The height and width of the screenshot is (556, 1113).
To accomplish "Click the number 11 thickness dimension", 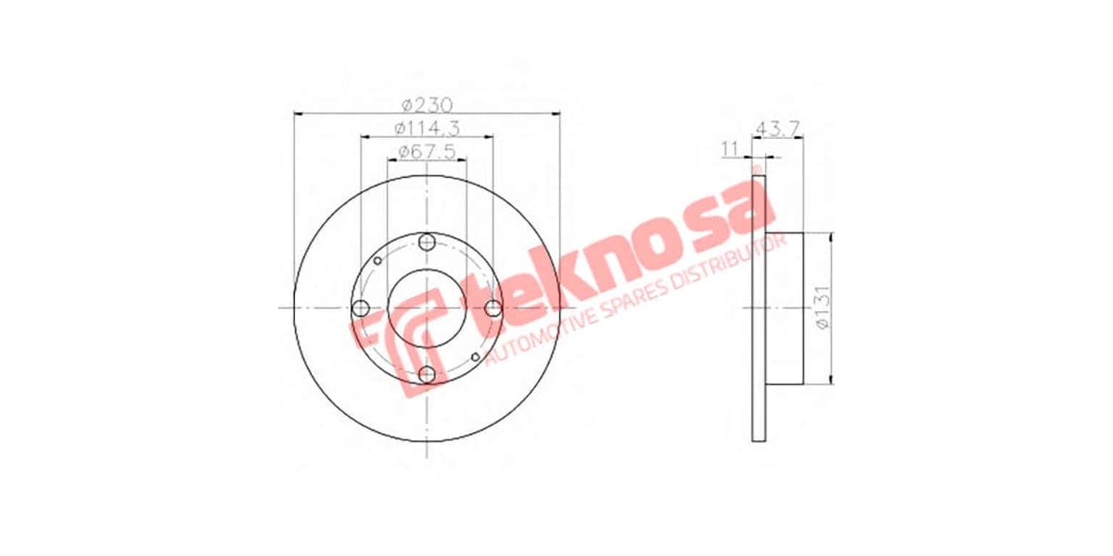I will pyautogui.click(x=730, y=147).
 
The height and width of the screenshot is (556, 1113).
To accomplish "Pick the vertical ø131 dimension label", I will pyautogui.click(x=821, y=309).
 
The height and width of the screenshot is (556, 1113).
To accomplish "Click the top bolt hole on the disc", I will pyautogui.click(x=427, y=243).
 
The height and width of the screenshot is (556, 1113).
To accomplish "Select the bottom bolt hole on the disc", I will pyautogui.click(x=427, y=374).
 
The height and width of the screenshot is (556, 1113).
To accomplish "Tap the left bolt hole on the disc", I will pyautogui.click(x=361, y=309).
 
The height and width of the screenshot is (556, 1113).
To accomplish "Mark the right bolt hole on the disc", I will pyautogui.click(x=493, y=309).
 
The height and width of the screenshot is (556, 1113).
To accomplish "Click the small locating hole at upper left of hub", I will pyautogui.click(x=377, y=260).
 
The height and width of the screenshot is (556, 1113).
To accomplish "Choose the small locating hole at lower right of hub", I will pyautogui.click(x=476, y=357).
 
